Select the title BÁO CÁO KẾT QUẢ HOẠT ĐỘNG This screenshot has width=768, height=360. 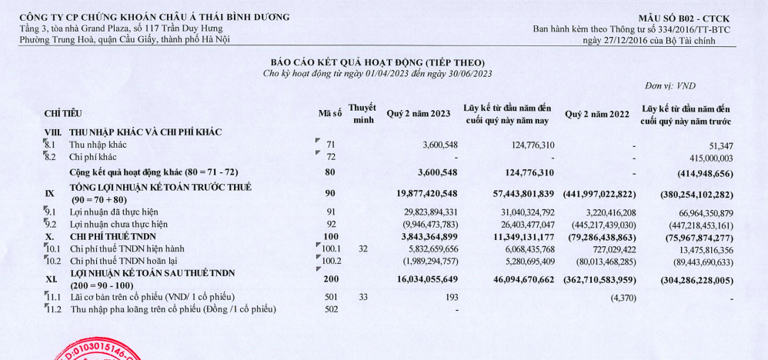[x=376, y=62]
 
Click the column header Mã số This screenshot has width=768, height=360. [x=329, y=114]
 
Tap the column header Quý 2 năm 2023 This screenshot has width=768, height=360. [x=418, y=114]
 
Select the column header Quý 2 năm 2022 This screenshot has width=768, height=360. [x=596, y=114]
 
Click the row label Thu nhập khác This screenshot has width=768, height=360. [x=99, y=144]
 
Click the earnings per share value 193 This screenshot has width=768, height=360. [x=451, y=297]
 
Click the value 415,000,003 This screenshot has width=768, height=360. [x=704, y=156]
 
